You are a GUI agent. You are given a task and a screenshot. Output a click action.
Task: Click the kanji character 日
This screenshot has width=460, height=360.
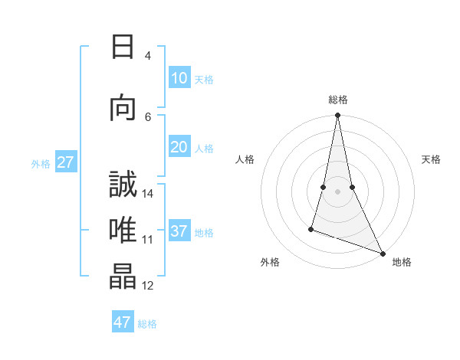(123, 48)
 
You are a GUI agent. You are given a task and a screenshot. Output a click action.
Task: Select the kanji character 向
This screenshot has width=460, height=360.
(123, 108)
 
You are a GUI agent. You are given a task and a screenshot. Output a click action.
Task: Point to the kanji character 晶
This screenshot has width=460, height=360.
(123, 277)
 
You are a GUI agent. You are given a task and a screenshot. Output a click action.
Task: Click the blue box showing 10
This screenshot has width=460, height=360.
(179, 78)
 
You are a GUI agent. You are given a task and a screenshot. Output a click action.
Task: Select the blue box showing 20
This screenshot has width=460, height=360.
(179, 147)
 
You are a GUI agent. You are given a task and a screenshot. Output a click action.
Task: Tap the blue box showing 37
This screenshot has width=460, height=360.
(179, 231)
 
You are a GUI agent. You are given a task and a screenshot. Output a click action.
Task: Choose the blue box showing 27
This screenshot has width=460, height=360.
(66, 162)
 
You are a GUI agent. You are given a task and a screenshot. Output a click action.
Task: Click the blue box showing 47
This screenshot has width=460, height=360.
(123, 322)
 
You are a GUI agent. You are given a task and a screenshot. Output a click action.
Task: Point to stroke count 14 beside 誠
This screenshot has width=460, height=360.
(149, 194)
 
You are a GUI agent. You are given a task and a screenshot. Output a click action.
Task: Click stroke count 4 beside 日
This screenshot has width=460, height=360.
(148, 56)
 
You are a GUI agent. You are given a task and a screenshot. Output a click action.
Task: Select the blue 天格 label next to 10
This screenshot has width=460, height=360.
(204, 80)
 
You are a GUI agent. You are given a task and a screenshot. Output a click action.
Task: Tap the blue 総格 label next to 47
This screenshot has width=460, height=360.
(147, 324)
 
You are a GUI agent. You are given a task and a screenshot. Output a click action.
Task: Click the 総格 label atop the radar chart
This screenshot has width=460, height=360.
(337, 100)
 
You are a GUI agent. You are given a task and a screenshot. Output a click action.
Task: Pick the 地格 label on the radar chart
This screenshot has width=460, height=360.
(402, 262)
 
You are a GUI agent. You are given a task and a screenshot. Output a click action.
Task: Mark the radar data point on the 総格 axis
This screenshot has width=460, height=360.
(337, 116)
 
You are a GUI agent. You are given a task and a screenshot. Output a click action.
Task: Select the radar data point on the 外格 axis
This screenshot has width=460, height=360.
(311, 229)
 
